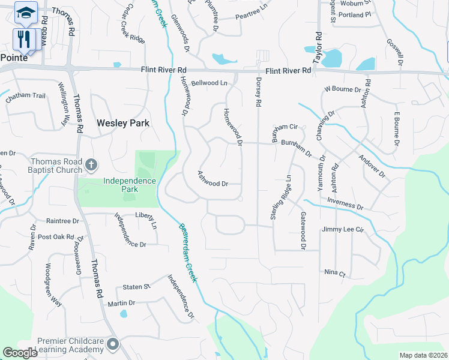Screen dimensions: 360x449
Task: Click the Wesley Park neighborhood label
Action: point(122,123)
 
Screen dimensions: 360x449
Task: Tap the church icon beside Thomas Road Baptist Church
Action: point(91,164)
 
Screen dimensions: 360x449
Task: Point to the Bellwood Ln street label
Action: point(209,83)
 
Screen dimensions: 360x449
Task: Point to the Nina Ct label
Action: point(335,273)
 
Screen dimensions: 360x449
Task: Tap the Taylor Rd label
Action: point(318,48)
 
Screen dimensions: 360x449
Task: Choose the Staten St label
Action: point(136,287)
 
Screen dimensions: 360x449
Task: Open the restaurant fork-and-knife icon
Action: point(24,40)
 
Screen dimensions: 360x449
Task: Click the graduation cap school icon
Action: point(26,11)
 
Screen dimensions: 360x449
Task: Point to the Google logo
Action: point(20,353)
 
